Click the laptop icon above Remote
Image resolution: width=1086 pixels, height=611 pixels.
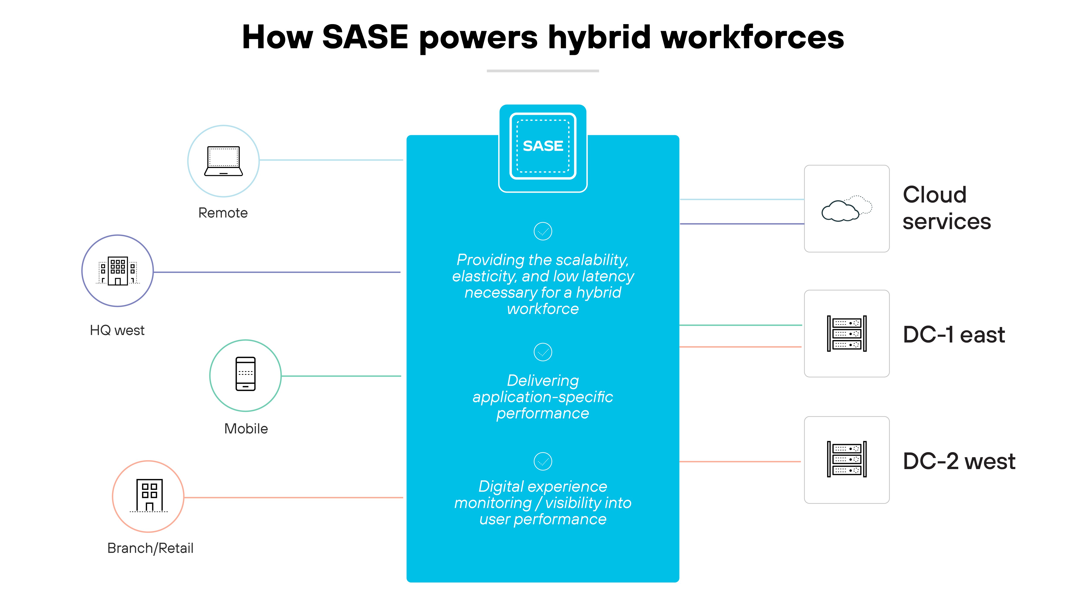click(223, 161)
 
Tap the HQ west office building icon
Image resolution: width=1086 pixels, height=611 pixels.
click(118, 271)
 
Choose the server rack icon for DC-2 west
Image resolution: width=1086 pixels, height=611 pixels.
click(847, 459)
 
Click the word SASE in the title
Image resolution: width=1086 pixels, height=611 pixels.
click(365, 37)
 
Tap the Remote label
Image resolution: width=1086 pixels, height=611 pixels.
click(223, 213)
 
